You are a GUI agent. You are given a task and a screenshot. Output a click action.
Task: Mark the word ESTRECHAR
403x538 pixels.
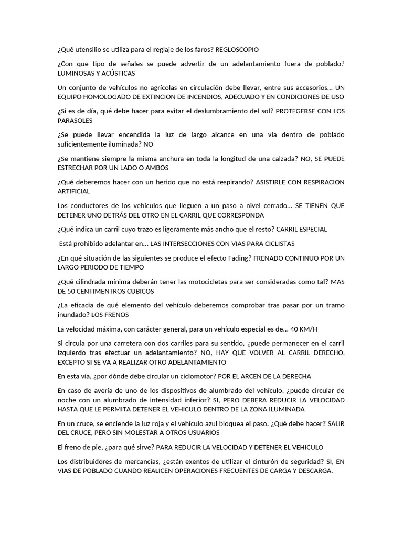point(76,168)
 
